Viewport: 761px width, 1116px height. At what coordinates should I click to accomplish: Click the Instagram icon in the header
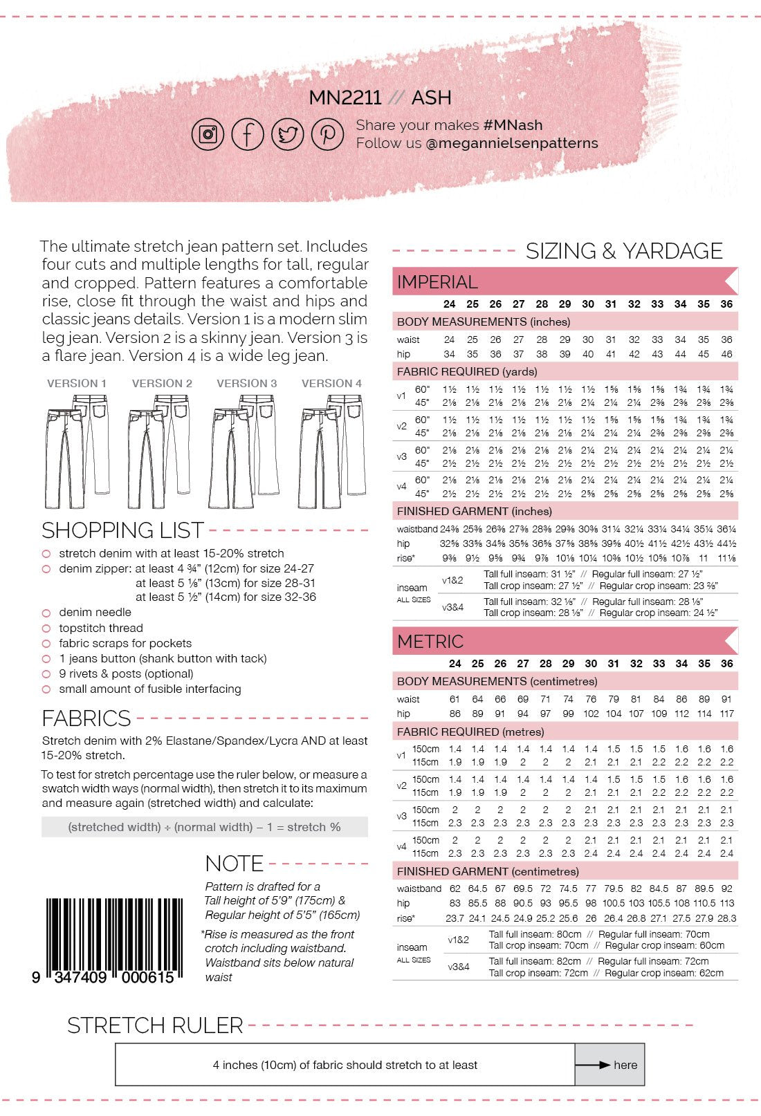pyautogui.click(x=208, y=133)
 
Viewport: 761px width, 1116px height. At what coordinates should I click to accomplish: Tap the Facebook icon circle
pyautogui.click(x=248, y=133)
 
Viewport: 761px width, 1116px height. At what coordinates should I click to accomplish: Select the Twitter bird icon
pyautogui.click(x=287, y=133)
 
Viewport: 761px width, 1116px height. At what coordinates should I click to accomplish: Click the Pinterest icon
pyautogui.click(x=327, y=133)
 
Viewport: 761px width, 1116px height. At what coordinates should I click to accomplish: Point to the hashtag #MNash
pyautogui.click(x=513, y=125)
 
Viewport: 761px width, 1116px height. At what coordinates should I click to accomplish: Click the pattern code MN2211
pyautogui.click(x=345, y=97)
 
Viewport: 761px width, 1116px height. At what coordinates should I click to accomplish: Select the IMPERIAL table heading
pyautogui.click(x=437, y=282)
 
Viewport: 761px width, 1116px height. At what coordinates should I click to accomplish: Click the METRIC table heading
pyautogui.click(x=430, y=642)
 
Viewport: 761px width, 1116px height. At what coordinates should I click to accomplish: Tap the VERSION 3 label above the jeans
pyautogui.click(x=246, y=383)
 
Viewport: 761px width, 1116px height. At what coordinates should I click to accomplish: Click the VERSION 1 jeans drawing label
pyautogui.click(x=77, y=383)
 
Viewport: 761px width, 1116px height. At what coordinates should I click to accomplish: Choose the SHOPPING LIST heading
pyautogui.click(x=122, y=530)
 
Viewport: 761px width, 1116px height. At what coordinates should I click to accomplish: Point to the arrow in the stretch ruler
pyautogui.click(x=593, y=1065)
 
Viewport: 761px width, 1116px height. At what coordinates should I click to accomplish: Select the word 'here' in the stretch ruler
pyautogui.click(x=625, y=1065)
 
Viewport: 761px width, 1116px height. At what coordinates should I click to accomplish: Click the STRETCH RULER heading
pyautogui.click(x=155, y=1025)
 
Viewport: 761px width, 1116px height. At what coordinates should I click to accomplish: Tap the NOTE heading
pyautogui.click(x=234, y=864)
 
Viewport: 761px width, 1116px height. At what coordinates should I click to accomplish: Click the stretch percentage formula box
pyautogui.click(x=204, y=827)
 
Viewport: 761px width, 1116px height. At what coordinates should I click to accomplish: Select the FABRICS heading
pyautogui.click(x=86, y=718)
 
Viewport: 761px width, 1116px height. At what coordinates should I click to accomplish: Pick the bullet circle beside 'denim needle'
pyautogui.click(x=46, y=613)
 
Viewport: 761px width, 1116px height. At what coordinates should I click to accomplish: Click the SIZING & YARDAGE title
pyautogui.click(x=624, y=251)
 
